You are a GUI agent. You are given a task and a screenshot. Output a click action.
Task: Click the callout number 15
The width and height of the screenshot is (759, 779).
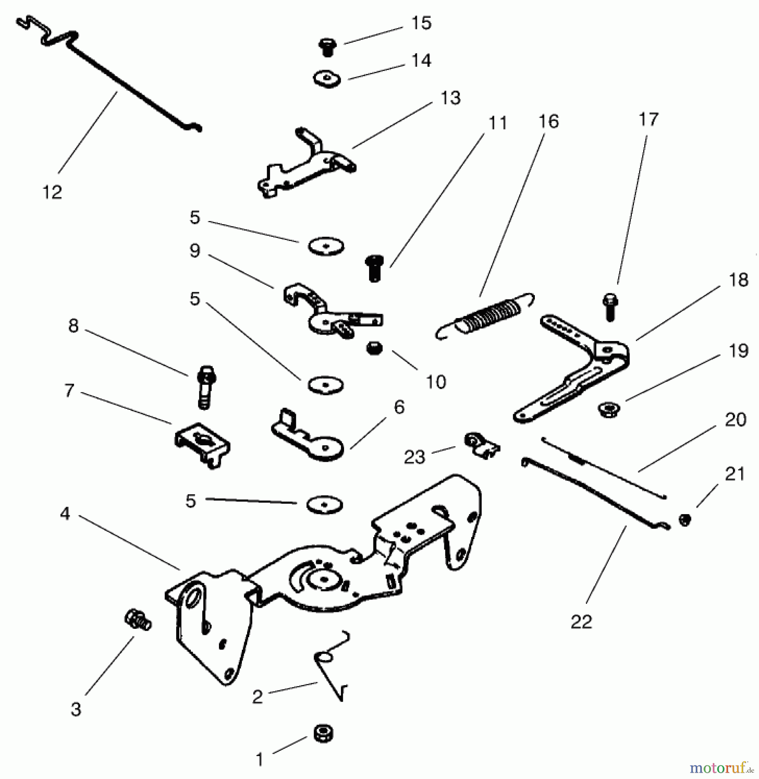pyautogui.click(x=421, y=23)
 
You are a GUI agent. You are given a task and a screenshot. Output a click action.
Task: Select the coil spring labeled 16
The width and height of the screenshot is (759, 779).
pyautogui.click(x=484, y=315)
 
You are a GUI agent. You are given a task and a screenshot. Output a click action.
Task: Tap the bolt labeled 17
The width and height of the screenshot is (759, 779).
pyautogui.click(x=610, y=307)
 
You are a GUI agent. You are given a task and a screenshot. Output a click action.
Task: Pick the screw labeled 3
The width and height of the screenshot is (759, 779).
pyautogui.click(x=138, y=620)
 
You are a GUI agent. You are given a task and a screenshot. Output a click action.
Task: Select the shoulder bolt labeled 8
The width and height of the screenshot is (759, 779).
pyautogui.click(x=206, y=387)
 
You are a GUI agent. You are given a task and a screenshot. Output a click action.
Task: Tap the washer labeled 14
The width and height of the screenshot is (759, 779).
pyautogui.click(x=327, y=79)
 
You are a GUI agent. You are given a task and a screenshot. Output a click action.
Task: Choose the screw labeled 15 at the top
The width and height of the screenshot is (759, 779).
pyautogui.click(x=328, y=47)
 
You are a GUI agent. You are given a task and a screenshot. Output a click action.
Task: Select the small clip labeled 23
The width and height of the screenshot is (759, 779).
pyautogui.click(x=482, y=445)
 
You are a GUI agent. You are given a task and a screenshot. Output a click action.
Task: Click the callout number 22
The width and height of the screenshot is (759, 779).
pyautogui.click(x=581, y=622)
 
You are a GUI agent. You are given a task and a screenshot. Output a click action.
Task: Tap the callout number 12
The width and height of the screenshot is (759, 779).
pyautogui.click(x=52, y=192)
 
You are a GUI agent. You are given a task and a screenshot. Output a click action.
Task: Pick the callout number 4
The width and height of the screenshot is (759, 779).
pyautogui.click(x=65, y=514)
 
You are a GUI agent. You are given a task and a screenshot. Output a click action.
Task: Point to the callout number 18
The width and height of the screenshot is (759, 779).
pyautogui.click(x=738, y=280)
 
